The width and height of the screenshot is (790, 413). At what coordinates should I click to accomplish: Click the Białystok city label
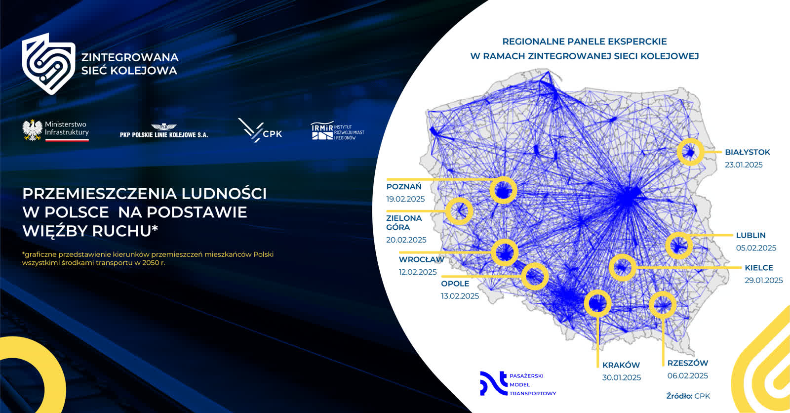[x=748, y=152]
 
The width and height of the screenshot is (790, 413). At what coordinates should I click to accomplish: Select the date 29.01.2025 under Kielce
[x=763, y=280]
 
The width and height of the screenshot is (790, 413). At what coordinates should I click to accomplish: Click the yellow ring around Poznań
[x=491, y=191]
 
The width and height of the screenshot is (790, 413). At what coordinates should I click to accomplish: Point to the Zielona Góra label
[x=404, y=223]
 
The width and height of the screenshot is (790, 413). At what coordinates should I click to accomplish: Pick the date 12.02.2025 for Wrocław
[x=418, y=272]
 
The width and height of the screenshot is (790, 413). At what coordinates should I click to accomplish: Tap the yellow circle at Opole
[x=522, y=276]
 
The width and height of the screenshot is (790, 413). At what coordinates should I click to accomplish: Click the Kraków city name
[x=621, y=365]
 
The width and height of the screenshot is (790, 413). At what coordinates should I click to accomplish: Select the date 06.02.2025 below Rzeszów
[x=687, y=376]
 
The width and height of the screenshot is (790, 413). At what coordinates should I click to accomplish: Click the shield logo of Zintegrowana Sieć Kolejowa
[x=48, y=64]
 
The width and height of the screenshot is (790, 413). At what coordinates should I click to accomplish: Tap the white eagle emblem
[x=32, y=130]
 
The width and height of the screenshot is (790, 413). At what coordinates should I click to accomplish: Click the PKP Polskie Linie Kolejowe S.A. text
[x=163, y=135]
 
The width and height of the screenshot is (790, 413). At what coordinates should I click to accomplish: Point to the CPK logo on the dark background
[x=260, y=130]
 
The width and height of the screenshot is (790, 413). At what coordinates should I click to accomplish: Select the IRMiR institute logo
[x=337, y=131]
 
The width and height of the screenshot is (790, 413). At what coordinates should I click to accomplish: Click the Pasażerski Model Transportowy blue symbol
[x=493, y=383]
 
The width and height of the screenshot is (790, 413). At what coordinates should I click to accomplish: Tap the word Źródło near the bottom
[x=679, y=396]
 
